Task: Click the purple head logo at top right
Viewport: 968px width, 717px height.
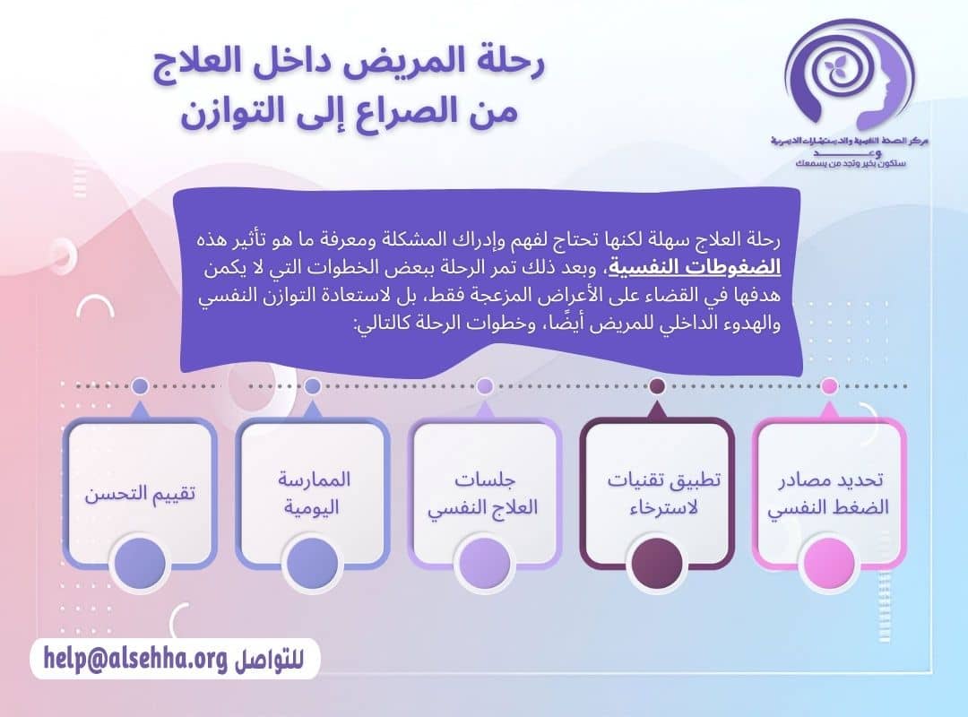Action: click(x=849, y=76)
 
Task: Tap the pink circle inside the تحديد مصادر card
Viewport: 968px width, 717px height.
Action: click(x=830, y=563)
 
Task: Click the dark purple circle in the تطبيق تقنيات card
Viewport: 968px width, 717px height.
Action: click(x=657, y=563)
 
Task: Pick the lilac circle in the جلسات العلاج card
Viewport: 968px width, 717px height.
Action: click(x=484, y=563)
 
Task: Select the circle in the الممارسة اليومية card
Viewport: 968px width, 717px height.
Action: click(x=312, y=563)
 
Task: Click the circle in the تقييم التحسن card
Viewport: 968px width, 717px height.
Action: click(x=140, y=563)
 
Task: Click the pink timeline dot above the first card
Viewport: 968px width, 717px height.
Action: click(x=830, y=386)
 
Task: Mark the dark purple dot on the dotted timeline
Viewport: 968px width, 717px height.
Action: click(x=657, y=386)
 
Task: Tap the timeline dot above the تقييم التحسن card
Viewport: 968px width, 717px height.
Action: click(x=140, y=386)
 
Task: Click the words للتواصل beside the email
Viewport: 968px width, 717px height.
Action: click(x=266, y=661)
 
